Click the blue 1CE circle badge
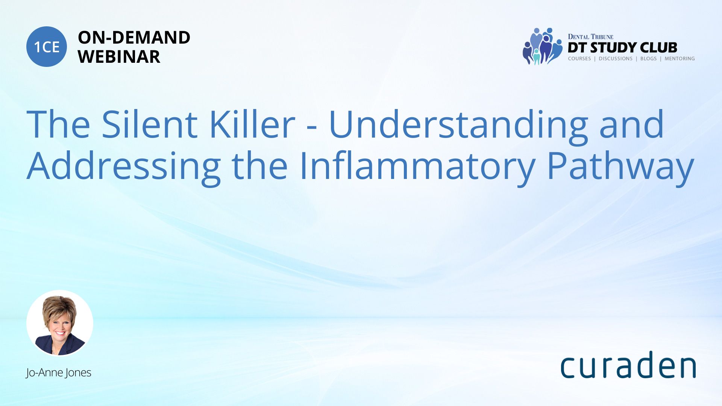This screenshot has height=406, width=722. (x=47, y=47)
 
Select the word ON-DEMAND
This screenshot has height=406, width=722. (x=134, y=38)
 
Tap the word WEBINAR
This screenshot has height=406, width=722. (x=119, y=57)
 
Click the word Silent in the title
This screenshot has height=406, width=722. (x=150, y=124)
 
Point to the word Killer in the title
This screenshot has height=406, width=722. (x=252, y=124)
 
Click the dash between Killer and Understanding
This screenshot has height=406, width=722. (x=312, y=129)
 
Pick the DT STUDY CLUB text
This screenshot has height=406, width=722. (x=622, y=47)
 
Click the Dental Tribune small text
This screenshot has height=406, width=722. (x=590, y=36)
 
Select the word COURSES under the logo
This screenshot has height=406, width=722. (x=579, y=59)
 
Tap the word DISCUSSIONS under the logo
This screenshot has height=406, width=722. (x=616, y=59)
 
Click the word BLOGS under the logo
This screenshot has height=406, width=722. (x=648, y=59)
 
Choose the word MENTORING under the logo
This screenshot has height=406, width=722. (x=680, y=59)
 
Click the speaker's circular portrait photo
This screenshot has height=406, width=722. (x=60, y=323)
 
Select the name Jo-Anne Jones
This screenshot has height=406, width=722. (x=59, y=373)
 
